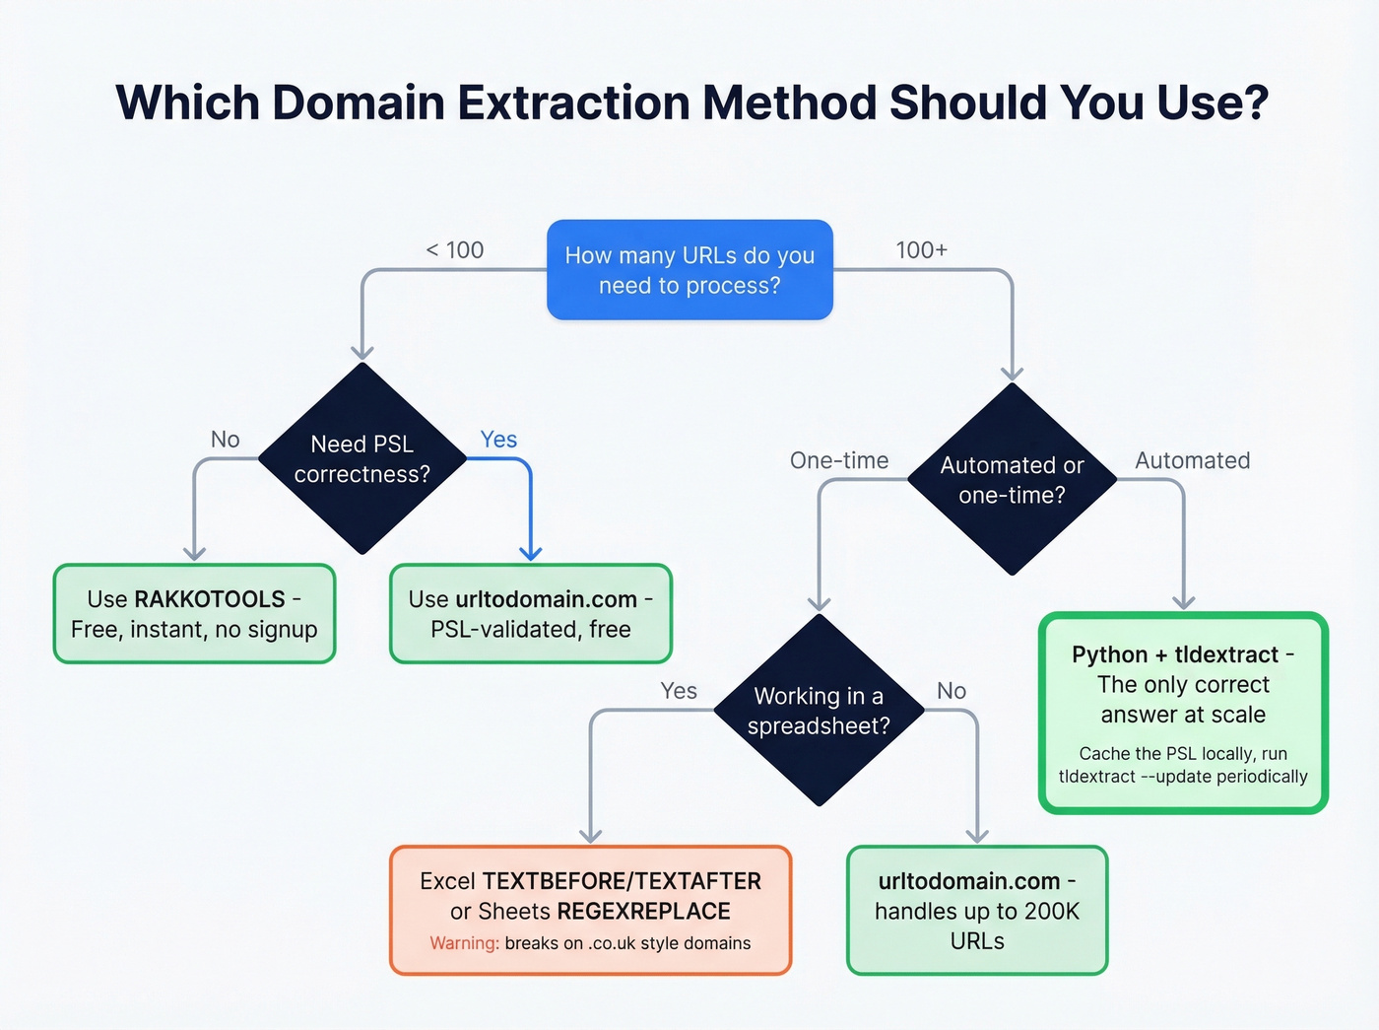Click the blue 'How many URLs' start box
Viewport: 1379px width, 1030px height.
689,270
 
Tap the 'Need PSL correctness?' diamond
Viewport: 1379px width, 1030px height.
362,459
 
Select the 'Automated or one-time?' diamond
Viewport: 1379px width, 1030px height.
1012,480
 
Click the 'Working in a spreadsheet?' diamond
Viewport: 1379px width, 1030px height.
819,711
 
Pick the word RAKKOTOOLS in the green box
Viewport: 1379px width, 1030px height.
210,599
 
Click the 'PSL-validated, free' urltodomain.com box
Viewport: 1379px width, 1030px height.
531,614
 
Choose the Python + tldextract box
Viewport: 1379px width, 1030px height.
1183,713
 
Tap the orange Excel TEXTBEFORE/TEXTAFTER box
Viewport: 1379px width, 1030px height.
590,910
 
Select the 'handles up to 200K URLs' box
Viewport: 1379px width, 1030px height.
977,910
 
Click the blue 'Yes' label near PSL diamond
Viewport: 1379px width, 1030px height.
498,440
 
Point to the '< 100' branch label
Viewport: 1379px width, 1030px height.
455,250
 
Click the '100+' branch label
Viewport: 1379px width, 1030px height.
921,250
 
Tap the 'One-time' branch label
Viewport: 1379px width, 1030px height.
839,460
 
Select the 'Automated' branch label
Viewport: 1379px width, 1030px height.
1192,460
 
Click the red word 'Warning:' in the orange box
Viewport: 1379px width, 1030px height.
464,943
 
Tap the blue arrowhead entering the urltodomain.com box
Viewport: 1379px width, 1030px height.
531,554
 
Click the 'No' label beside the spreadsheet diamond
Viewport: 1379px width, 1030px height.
952,691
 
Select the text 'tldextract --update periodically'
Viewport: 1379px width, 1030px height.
1183,777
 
